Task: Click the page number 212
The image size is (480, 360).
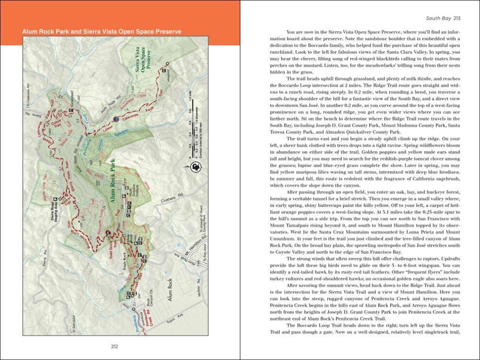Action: coord(114,346)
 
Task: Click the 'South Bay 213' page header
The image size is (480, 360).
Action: coord(443,18)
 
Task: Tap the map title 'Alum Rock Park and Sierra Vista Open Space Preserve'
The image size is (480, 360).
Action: coord(102,31)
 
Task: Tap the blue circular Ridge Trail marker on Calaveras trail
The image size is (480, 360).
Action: coord(116,119)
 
